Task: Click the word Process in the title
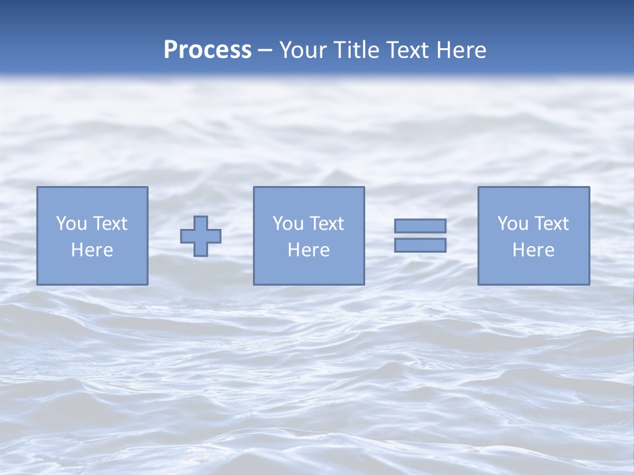coord(207,50)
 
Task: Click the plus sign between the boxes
coord(201,236)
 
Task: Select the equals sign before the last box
coord(420,236)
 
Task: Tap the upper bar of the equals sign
coord(420,226)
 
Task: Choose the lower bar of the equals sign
coord(420,245)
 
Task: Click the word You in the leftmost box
coord(71,224)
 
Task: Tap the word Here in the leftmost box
coord(92,250)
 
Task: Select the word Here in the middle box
coord(308,250)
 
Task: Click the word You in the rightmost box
coord(512,224)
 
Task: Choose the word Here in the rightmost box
coord(533,250)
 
